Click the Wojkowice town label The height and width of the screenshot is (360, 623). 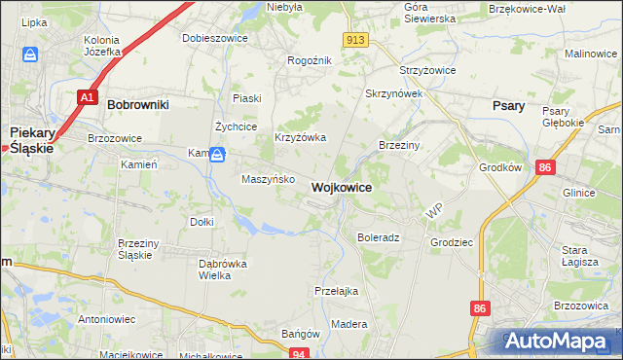pos(340,187)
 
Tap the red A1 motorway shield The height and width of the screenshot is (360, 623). pos(86,97)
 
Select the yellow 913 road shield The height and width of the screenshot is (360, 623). pos(354,39)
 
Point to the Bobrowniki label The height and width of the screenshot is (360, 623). pos(138,103)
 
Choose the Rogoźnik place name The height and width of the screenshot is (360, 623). pos(310,60)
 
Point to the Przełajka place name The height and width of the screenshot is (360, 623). pos(337,291)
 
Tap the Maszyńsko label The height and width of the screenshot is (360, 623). pos(268,179)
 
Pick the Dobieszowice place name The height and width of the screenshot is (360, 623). pos(215,39)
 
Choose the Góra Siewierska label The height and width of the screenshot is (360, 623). pos(429,13)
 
